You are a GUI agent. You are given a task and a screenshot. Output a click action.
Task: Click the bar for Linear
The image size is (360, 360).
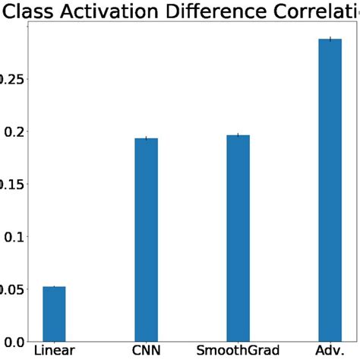point(54,314)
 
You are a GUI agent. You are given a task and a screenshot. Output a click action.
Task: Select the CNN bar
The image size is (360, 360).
point(146,240)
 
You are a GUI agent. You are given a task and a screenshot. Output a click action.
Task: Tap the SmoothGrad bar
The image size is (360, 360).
point(238,238)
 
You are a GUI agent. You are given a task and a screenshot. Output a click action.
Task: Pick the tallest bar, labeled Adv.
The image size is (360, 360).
point(330,190)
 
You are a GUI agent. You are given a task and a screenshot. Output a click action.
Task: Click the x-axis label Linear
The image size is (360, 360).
point(54,351)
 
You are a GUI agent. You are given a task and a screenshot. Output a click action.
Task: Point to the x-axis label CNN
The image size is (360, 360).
point(146,351)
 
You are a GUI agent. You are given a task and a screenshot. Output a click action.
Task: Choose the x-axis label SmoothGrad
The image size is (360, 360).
point(238,351)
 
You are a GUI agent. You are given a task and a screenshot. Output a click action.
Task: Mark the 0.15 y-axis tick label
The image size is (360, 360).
point(8,185)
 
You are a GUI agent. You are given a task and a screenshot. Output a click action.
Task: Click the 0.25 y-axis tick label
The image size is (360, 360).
point(8,80)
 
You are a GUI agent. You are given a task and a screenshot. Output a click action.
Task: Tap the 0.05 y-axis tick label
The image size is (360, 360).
point(8,289)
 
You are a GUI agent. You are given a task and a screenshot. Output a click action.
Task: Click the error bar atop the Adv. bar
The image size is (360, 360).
point(330,39)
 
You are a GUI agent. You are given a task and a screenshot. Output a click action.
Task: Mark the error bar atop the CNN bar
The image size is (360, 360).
point(146,138)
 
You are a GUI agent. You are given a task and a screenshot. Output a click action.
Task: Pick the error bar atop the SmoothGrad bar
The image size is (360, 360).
point(238,135)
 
